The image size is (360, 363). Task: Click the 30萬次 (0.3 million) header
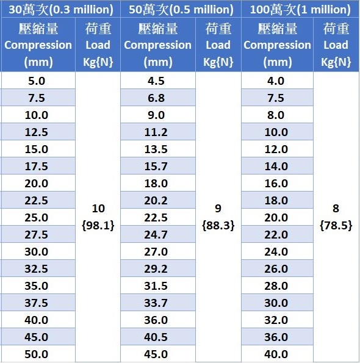61,10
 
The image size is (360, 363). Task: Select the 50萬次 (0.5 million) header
181,10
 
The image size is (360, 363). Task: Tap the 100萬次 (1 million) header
300,10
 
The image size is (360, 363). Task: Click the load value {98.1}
98,225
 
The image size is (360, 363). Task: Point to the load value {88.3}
218,225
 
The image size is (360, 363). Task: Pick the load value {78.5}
336,225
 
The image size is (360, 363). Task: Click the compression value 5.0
37,81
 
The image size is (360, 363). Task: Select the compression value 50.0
37,354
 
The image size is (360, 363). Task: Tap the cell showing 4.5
156,81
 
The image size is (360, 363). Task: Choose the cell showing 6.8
156,98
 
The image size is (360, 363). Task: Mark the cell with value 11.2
156,132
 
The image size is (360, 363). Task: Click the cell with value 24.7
156,234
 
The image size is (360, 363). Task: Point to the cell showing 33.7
156,303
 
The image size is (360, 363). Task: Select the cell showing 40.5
156,337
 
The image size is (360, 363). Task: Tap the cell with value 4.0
276,81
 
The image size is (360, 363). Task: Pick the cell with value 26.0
276,268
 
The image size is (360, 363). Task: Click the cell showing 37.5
37,303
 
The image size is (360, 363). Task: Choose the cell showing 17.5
37,166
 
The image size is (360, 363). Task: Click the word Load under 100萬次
336,45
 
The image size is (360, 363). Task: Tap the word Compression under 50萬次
157,45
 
